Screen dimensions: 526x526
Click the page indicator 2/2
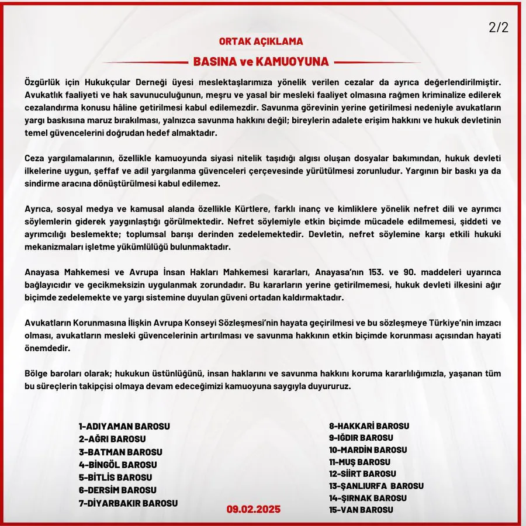498,27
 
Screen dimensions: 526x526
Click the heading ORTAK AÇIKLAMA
261,42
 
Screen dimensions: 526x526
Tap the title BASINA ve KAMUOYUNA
261,62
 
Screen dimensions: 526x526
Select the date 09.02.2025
254,509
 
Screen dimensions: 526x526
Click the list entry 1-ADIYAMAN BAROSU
124,426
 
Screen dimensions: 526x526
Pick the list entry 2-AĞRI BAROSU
112,439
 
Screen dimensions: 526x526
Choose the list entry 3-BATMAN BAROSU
120,452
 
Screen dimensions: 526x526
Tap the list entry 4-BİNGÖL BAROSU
118,465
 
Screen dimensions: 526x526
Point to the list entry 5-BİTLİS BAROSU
115,477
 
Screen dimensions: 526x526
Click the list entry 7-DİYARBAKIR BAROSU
129,503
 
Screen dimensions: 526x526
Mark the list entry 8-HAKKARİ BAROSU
369,426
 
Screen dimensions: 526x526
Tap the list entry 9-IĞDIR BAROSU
361,437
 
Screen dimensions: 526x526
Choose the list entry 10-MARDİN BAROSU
368,450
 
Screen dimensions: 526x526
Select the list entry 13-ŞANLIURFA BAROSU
376,486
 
